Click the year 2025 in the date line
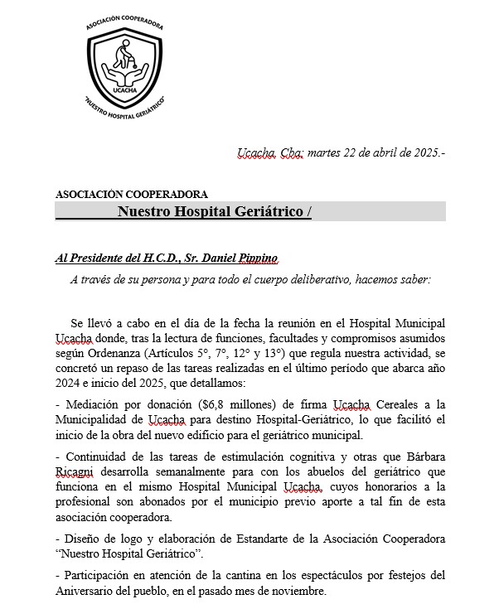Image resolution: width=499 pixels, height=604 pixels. pos(425,153)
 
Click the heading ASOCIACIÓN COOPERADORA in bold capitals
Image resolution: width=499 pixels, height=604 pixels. pos(132,195)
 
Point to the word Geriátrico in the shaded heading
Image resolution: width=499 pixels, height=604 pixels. pos(269,211)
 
